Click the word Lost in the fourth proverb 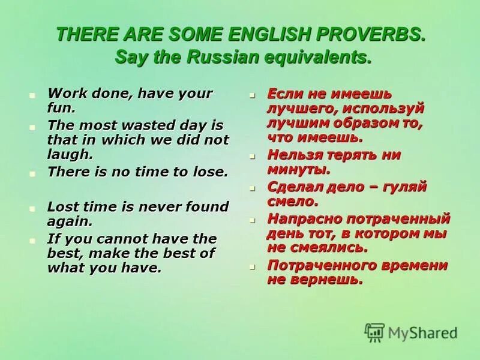(x=63, y=206)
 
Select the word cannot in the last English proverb (x=112, y=238)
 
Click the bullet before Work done (x=33, y=95)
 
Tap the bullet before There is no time (x=33, y=173)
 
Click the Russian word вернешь (x=325, y=279)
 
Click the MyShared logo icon (x=375, y=332)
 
